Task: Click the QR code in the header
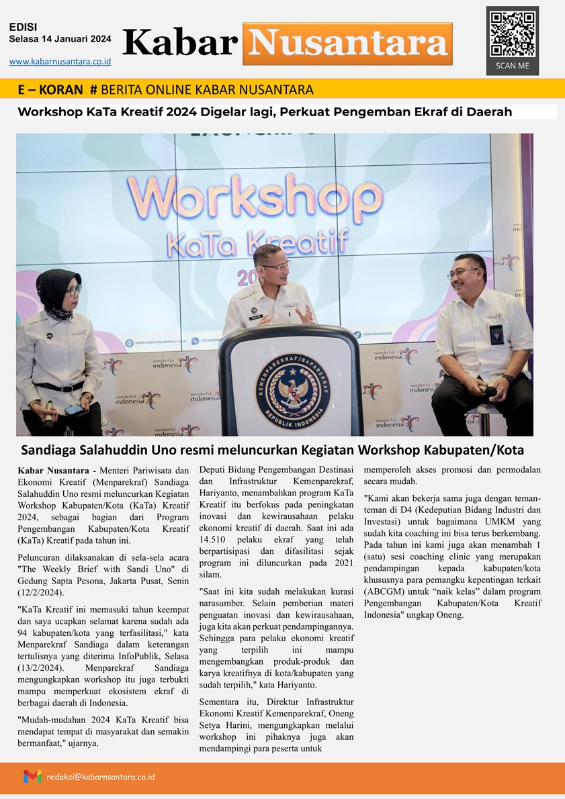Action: click(513, 34)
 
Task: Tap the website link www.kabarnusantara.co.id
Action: click(60, 62)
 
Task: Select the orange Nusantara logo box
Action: click(347, 44)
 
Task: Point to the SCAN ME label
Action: click(513, 66)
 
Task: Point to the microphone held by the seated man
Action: click(490, 390)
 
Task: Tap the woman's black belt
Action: click(60, 387)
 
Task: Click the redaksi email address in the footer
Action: click(101, 776)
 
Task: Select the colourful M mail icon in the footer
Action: click(32, 776)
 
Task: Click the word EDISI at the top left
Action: click(24, 27)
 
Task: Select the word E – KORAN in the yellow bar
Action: click(51, 90)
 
